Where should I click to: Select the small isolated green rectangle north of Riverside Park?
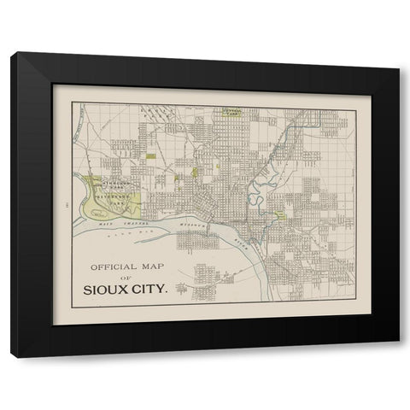(151, 156)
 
